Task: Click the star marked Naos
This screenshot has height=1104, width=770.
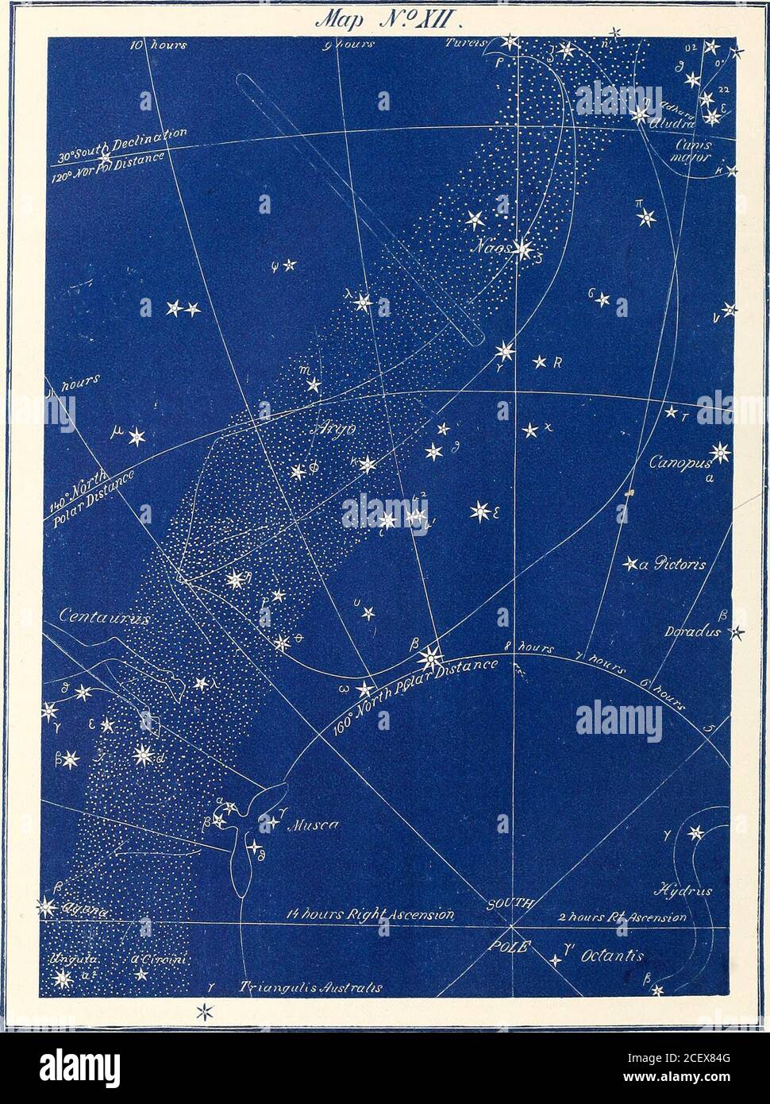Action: pyautogui.click(x=522, y=249)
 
